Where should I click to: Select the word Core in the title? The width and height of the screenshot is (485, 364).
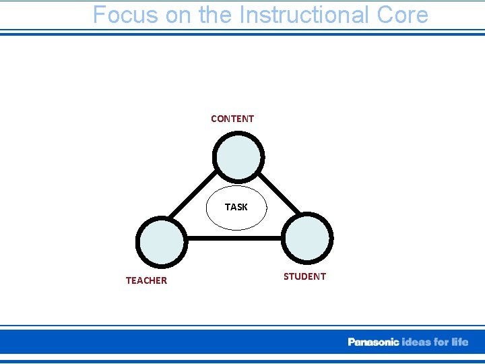point(402,14)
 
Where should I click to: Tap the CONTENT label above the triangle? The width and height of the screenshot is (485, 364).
point(232,119)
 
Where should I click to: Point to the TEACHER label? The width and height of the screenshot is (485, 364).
point(146,280)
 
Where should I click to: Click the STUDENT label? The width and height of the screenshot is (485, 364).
point(304,276)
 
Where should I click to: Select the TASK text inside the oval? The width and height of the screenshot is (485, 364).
point(236,207)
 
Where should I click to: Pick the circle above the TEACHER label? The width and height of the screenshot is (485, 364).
point(162,241)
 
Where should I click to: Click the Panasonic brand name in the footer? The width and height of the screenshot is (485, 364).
point(373,342)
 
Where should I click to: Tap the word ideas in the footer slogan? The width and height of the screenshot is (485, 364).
point(417,342)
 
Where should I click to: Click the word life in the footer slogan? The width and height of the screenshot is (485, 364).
point(459,342)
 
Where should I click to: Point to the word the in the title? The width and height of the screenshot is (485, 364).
point(215,14)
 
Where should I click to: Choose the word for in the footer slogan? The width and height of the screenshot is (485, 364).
point(442,342)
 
